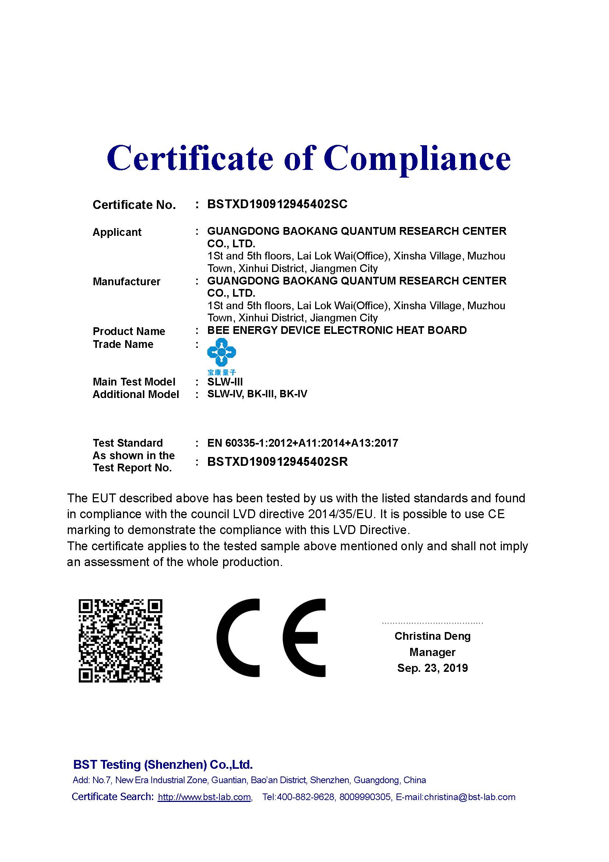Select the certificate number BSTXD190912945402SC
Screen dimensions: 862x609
277,204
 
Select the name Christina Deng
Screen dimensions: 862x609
432,636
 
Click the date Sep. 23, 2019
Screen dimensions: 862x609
432,668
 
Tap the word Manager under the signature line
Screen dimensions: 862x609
432,652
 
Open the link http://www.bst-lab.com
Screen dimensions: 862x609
204,797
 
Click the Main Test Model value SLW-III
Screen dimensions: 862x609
225,382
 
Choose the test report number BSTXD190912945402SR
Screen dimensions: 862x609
278,461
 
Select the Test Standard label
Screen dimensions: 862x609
127,443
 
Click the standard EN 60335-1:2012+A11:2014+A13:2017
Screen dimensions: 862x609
303,443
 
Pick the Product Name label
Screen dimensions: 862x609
129,331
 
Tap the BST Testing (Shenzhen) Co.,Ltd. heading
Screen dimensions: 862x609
163,764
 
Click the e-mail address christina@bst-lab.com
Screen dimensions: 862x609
469,797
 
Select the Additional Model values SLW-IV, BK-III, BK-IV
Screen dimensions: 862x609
257,394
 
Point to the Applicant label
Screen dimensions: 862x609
117,232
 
